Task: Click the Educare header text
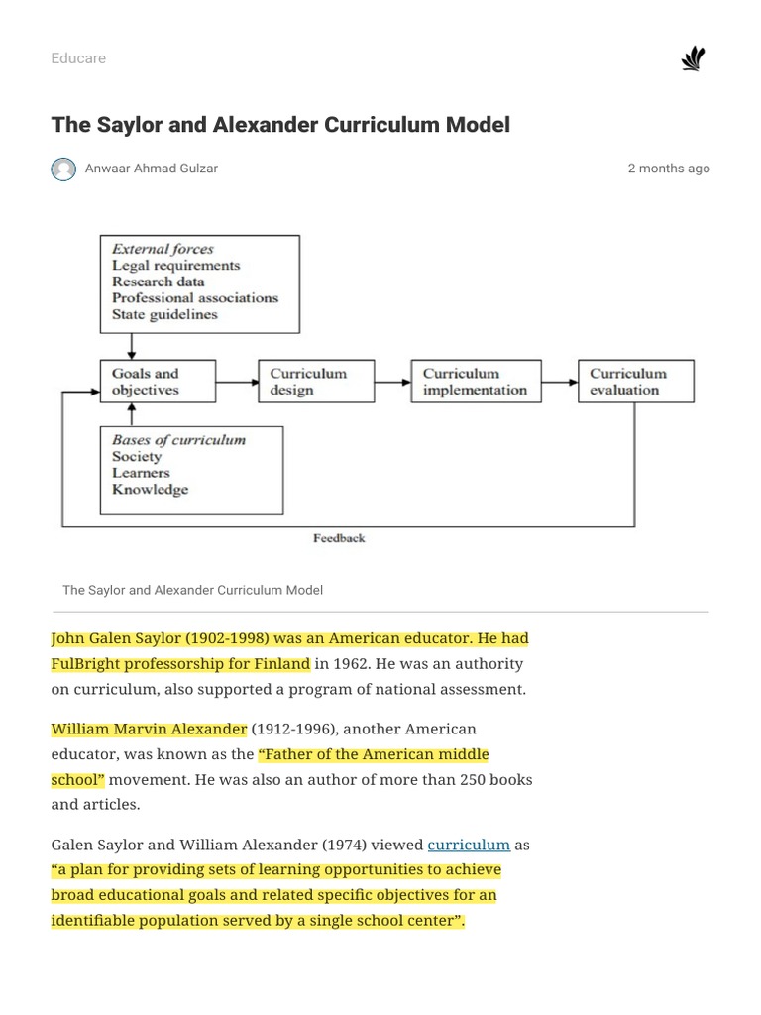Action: (x=78, y=58)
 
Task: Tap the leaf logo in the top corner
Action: (x=693, y=59)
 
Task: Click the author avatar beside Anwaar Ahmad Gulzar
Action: (x=63, y=169)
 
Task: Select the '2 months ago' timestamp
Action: (x=669, y=169)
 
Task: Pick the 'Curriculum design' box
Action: (x=316, y=382)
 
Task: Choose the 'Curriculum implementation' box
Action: (x=476, y=382)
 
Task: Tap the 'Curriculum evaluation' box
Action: (x=636, y=382)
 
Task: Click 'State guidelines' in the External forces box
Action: (x=164, y=314)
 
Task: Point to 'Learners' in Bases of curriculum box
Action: (x=142, y=473)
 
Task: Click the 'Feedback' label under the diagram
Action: (x=339, y=538)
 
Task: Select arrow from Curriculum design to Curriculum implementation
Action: (x=393, y=382)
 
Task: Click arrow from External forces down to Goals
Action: (x=132, y=346)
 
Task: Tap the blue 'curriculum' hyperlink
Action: (x=469, y=846)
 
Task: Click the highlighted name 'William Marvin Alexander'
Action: (x=149, y=729)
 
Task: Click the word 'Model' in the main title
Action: (x=479, y=125)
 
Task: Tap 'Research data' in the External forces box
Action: (x=159, y=282)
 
